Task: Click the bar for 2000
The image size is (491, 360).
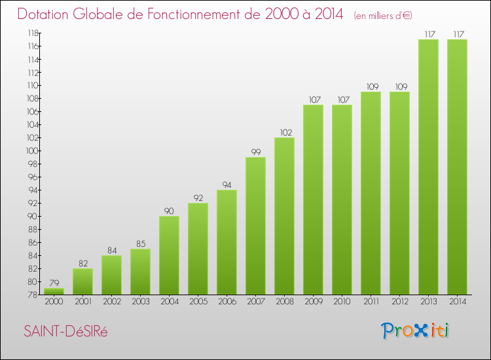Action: click(54, 291)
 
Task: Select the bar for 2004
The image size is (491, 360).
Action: click(169, 255)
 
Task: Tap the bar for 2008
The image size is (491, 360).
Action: click(284, 216)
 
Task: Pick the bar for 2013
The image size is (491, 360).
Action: click(428, 167)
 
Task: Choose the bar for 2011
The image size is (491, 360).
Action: click(371, 193)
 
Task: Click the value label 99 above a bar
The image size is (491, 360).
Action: click(255, 152)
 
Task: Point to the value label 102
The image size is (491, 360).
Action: click(284, 132)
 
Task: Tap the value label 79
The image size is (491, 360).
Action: click(54, 283)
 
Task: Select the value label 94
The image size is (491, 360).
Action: click(227, 185)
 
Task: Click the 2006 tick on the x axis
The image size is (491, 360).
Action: click(227, 302)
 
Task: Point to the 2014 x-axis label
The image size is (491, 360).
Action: click(457, 302)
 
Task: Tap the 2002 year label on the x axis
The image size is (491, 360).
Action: click(111, 302)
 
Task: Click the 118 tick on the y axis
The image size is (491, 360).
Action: click(31, 33)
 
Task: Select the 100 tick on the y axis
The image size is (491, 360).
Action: click(31, 151)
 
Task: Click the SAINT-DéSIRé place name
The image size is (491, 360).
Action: click(65, 332)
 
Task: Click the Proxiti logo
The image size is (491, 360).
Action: click(416, 331)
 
